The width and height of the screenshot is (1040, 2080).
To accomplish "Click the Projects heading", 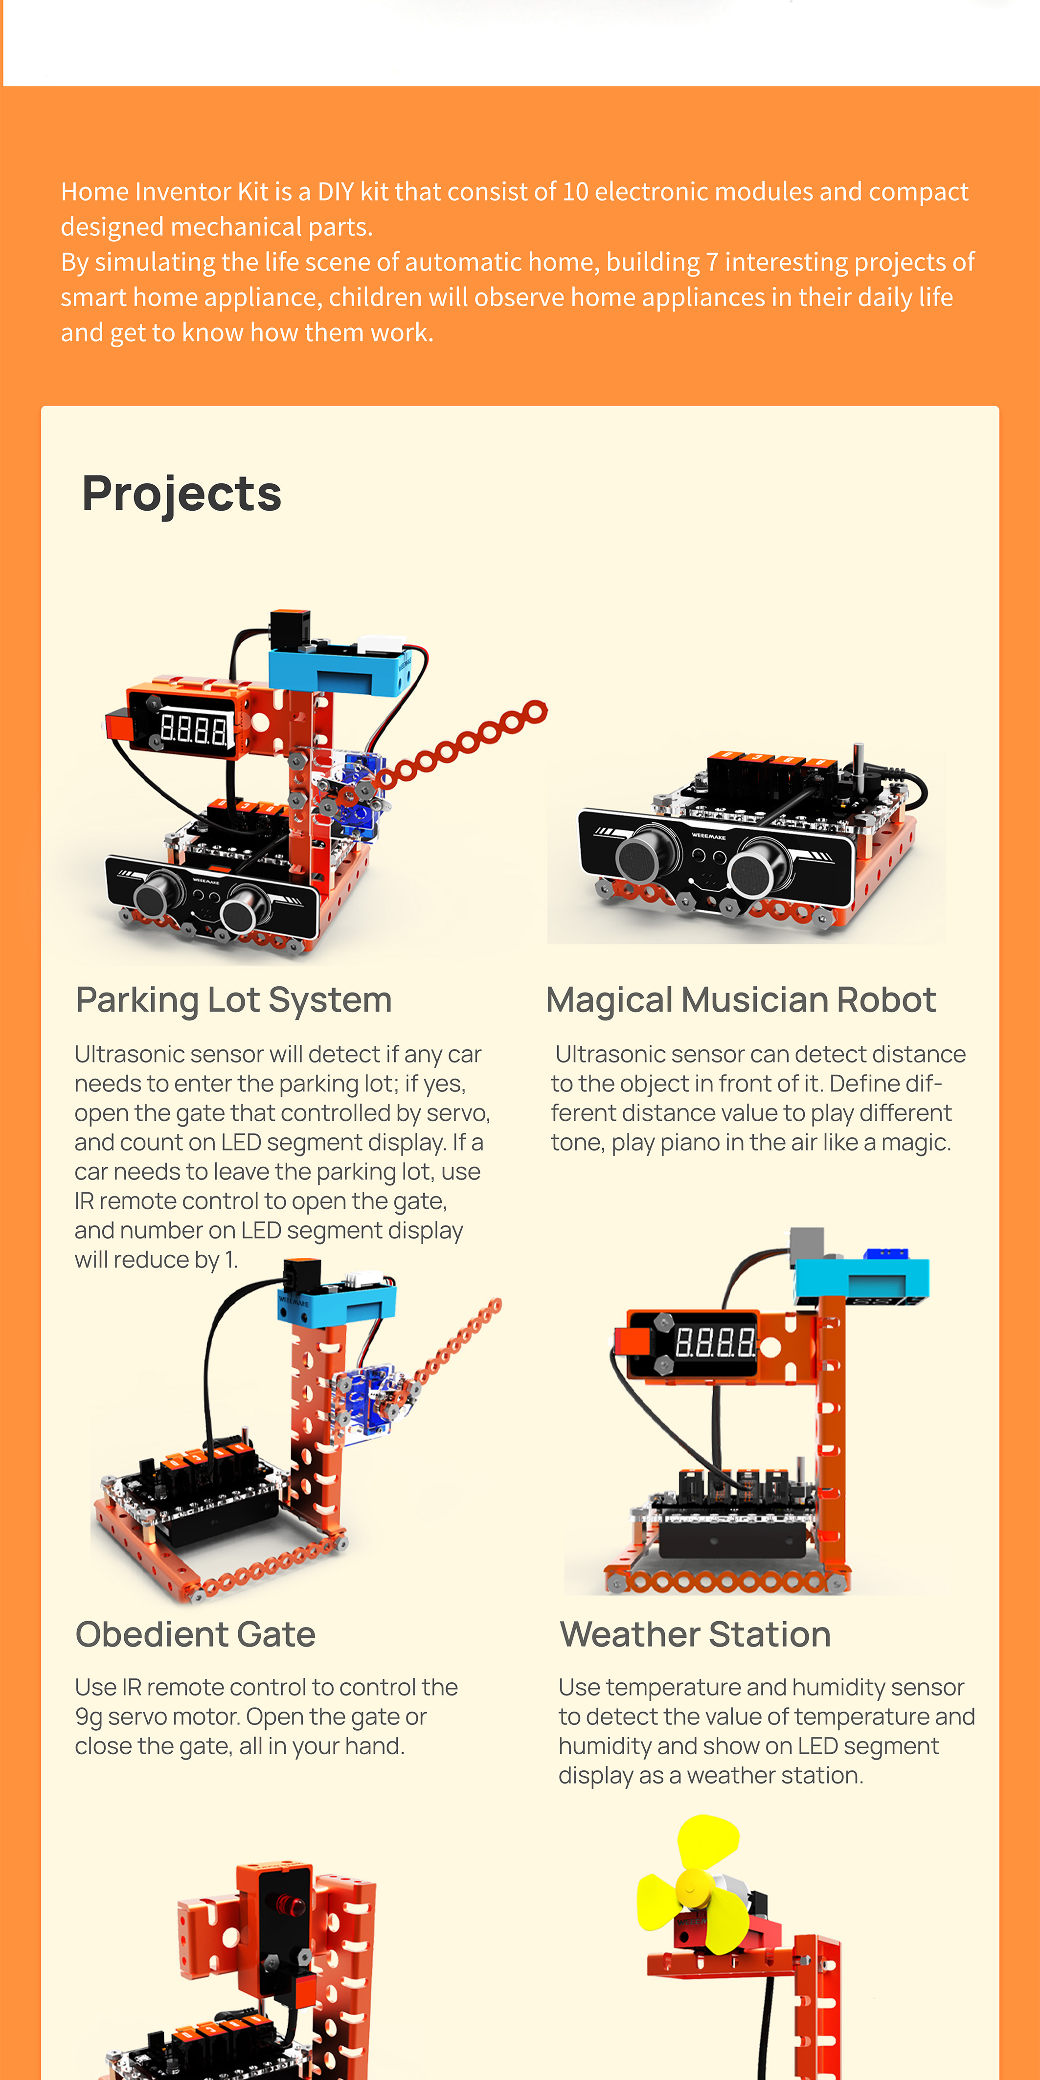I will coord(181,494).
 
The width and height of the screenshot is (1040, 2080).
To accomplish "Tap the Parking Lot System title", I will coord(233,999).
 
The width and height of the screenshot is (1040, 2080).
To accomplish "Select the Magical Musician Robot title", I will coord(741,999).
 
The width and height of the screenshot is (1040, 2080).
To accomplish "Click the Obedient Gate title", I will coord(195,1634).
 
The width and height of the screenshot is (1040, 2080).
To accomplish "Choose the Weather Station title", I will coord(695,1634).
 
